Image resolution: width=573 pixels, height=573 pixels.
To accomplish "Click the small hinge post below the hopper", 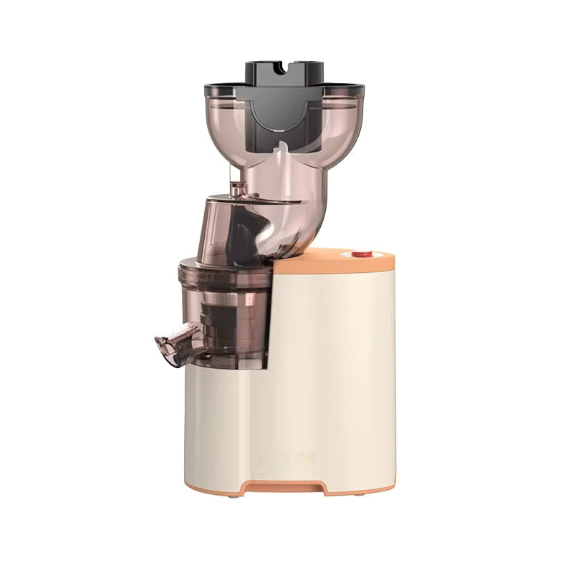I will (235, 188).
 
